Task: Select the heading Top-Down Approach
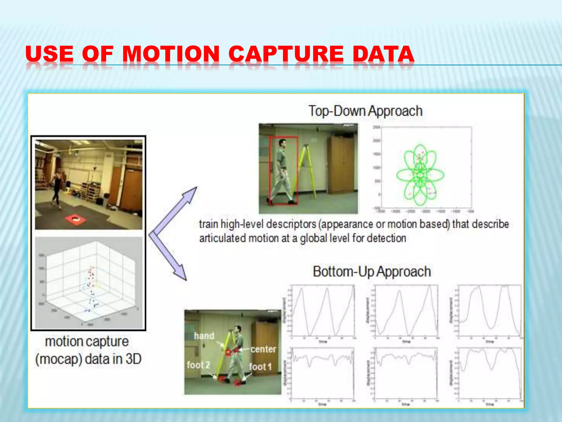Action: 365,111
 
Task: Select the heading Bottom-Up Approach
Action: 372,271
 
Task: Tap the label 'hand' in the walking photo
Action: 204,336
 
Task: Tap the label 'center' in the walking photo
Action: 263,349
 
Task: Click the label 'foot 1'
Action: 260,367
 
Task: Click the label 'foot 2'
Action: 198,365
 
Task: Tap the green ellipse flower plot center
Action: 420,175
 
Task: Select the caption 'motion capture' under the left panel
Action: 87,342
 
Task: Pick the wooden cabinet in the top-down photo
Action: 342,165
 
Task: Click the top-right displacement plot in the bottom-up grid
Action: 490,310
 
